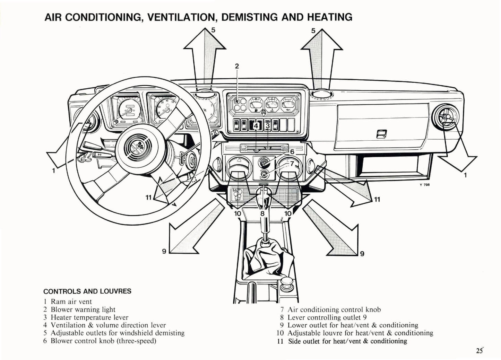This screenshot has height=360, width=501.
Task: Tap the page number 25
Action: coord(479,351)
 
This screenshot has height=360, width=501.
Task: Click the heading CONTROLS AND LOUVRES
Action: coord(87,291)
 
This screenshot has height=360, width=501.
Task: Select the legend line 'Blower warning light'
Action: coord(83,309)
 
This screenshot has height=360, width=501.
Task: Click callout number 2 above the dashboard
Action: coord(237,66)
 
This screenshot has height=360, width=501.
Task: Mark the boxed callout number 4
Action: coord(256,126)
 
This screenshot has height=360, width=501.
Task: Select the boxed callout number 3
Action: coord(267,126)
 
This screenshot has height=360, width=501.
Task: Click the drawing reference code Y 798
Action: coord(424,185)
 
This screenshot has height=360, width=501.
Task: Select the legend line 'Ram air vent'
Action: coord(71,301)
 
